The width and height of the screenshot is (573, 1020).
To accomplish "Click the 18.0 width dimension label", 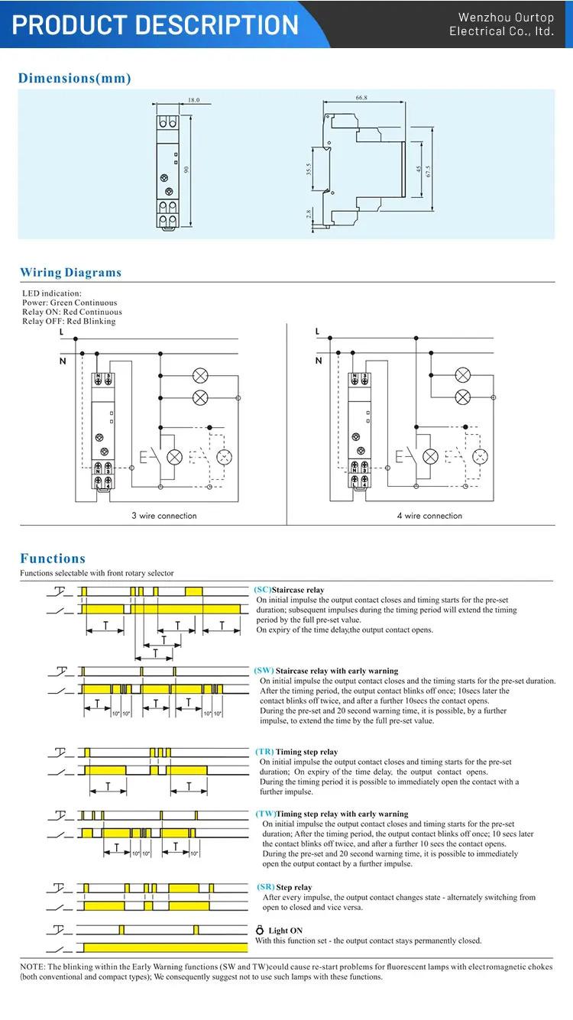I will click(193, 100).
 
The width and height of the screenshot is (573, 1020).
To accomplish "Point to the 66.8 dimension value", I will click(361, 98).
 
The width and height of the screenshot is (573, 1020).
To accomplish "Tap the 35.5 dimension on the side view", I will click(308, 169).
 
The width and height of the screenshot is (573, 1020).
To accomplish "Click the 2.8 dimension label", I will click(308, 215).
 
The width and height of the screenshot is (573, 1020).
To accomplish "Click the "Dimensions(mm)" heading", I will click(75, 78).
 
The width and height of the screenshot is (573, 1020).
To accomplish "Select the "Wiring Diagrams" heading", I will click(70, 273).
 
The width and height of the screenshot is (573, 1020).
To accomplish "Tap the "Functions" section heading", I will click(53, 559).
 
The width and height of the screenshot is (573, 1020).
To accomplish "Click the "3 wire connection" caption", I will click(163, 516).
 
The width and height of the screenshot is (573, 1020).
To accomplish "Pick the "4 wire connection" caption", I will click(429, 516).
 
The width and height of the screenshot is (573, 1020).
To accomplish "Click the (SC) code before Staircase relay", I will click(263, 590).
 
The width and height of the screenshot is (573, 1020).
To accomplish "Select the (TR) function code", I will click(264, 752).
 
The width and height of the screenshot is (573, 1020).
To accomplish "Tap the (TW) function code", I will click(265, 814).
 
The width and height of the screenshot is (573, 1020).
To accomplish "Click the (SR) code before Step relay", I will click(264, 887).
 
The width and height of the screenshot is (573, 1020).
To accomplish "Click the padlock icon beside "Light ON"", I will click(260, 931).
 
